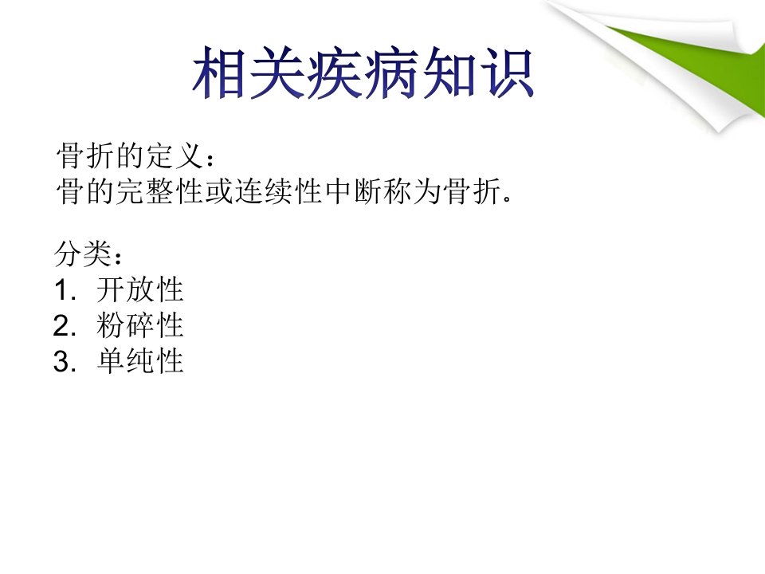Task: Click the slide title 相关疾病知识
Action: (x=363, y=73)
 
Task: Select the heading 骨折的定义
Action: (x=130, y=155)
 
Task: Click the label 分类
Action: (x=83, y=254)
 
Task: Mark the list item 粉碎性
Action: (x=140, y=325)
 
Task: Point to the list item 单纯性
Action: (x=140, y=361)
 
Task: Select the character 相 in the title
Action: (x=218, y=73)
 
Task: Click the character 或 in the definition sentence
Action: (x=219, y=191)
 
